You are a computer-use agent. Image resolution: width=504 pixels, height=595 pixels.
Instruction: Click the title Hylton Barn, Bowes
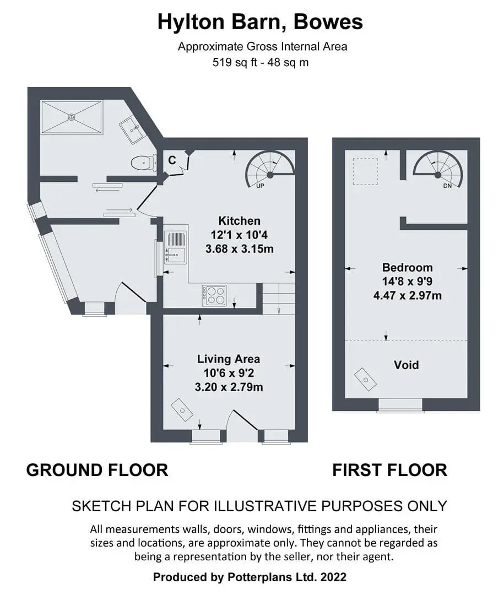tap(260, 22)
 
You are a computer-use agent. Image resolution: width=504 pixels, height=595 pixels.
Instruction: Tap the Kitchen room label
tap(239, 221)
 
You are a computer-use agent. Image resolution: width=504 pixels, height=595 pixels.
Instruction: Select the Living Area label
tap(229, 359)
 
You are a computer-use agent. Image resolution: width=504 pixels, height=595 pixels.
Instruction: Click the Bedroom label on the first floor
tap(407, 268)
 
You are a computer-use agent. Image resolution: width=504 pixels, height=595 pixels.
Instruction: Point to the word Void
tap(407, 365)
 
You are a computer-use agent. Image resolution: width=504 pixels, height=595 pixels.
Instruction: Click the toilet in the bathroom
tap(144, 163)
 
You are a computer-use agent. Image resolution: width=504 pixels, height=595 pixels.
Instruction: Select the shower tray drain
tap(72, 117)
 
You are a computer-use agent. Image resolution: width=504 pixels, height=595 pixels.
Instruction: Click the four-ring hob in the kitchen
tap(214, 296)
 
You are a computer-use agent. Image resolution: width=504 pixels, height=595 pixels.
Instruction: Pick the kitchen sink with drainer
tap(175, 247)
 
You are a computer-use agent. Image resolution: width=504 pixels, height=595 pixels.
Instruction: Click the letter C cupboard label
tap(172, 160)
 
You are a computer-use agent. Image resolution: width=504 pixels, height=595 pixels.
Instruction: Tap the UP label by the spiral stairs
tap(260, 186)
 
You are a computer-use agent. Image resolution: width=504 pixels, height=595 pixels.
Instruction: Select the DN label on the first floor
tap(447, 186)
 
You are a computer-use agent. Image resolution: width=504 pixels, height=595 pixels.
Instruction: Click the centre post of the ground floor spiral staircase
tap(270, 175)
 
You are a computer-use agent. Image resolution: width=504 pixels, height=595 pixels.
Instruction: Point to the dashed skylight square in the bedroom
tap(365, 171)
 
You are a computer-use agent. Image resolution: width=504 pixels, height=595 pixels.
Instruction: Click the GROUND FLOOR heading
tap(97, 470)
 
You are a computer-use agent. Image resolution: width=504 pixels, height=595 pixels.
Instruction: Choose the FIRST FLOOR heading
tap(390, 470)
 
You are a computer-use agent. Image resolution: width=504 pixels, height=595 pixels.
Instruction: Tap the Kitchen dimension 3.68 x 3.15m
tap(240, 249)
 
